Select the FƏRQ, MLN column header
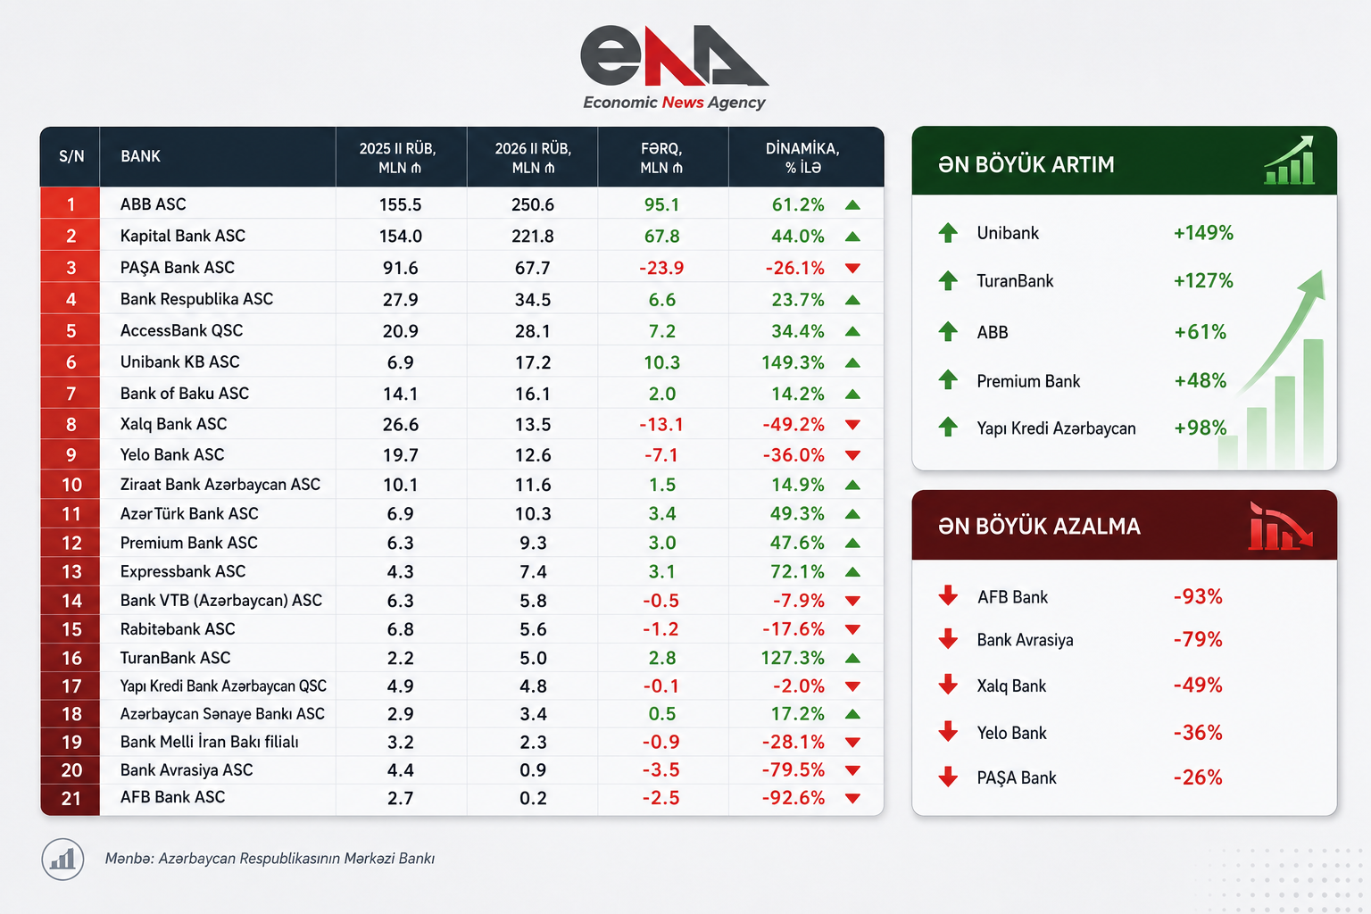click(661, 158)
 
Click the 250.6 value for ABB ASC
click(533, 204)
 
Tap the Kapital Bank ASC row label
click(182, 236)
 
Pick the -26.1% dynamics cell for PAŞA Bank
click(795, 268)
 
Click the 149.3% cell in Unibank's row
click(793, 362)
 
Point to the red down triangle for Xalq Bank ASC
click(852, 424)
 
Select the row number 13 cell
click(71, 572)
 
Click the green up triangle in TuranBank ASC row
click(852, 658)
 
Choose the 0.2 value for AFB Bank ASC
click(533, 798)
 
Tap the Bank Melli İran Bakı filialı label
click(210, 742)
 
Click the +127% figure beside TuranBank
click(1202, 281)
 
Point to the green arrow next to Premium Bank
click(948, 379)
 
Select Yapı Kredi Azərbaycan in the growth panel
click(1056, 428)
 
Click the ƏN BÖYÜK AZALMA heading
click(1039, 527)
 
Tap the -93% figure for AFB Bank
click(1198, 596)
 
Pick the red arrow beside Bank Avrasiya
click(948, 638)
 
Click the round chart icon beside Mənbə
click(62, 859)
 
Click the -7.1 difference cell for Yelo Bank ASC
click(661, 455)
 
